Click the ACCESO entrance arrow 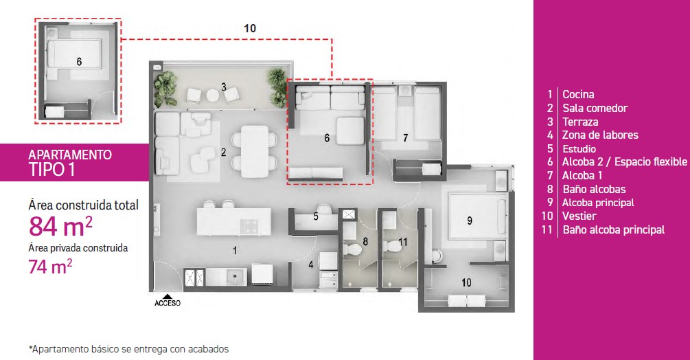[x=168, y=296]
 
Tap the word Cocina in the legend [x=578, y=94]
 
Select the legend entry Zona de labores [x=600, y=135]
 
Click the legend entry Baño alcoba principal [x=613, y=229]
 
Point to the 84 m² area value [x=60, y=226]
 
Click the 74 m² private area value [x=50, y=267]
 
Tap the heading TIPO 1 [x=52, y=170]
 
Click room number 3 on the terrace [x=224, y=87]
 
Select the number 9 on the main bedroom [x=470, y=221]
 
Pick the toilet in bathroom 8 [x=352, y=249]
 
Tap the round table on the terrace [x=213, y=95]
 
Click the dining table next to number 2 [x=254, y=152]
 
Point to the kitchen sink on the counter [x=234, y=277]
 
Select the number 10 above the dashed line [x=250, y=28]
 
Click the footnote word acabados [x=208, y=349]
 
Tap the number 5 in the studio [x=316, y=216]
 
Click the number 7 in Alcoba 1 [x=406, y=138]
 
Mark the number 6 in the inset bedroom [x=79, y=62]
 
